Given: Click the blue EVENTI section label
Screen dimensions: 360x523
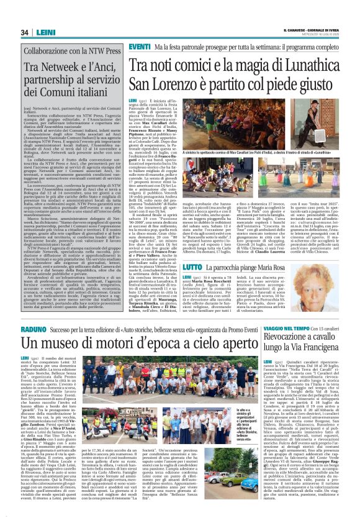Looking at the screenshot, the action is click(x=140, y=47).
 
